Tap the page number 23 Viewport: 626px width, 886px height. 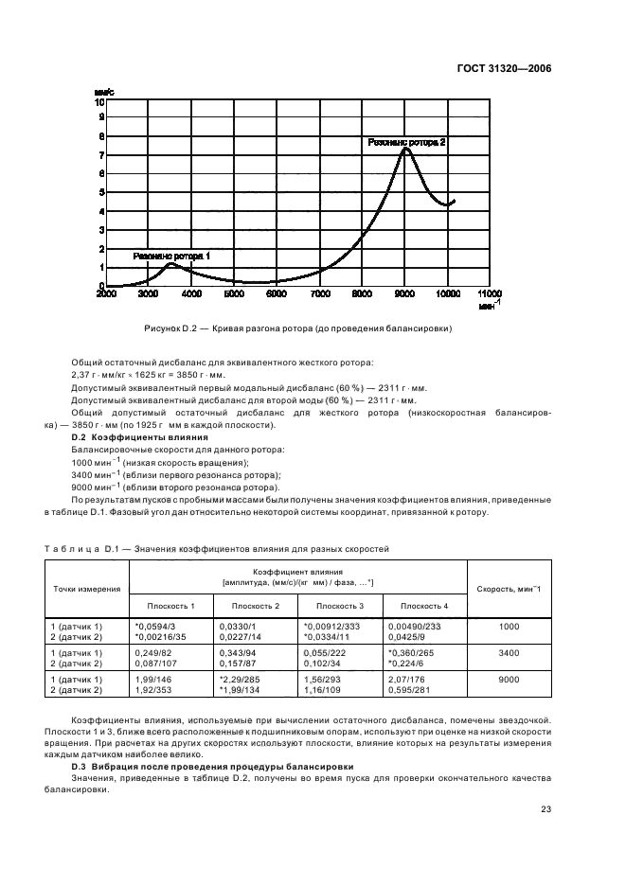point(546,807)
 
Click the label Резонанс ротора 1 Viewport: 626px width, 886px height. point(171,256)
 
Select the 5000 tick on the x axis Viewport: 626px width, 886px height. point(234,294)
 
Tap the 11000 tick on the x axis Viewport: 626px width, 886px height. point(490,294)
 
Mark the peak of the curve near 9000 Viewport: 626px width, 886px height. point(405,149)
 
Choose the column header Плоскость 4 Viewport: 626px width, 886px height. point(424,605)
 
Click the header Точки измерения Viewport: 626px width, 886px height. point(86,588)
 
